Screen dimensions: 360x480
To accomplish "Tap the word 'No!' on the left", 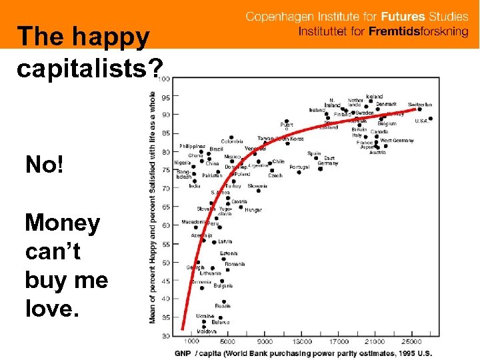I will (45, 164).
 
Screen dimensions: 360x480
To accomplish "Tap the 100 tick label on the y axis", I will (164, 79).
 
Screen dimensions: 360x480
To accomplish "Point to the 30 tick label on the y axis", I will (165, 335).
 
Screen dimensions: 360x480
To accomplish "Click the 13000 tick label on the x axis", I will (303, 342).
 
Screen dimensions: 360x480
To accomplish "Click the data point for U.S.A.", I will (431, 119).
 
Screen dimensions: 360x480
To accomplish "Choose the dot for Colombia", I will (231, 137).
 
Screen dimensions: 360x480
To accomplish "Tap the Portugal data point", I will (299, 172).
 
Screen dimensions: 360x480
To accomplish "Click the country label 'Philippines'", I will (193, 146).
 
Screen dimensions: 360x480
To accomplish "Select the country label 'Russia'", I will (223, 305).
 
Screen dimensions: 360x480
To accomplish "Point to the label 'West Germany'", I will (397, 141).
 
